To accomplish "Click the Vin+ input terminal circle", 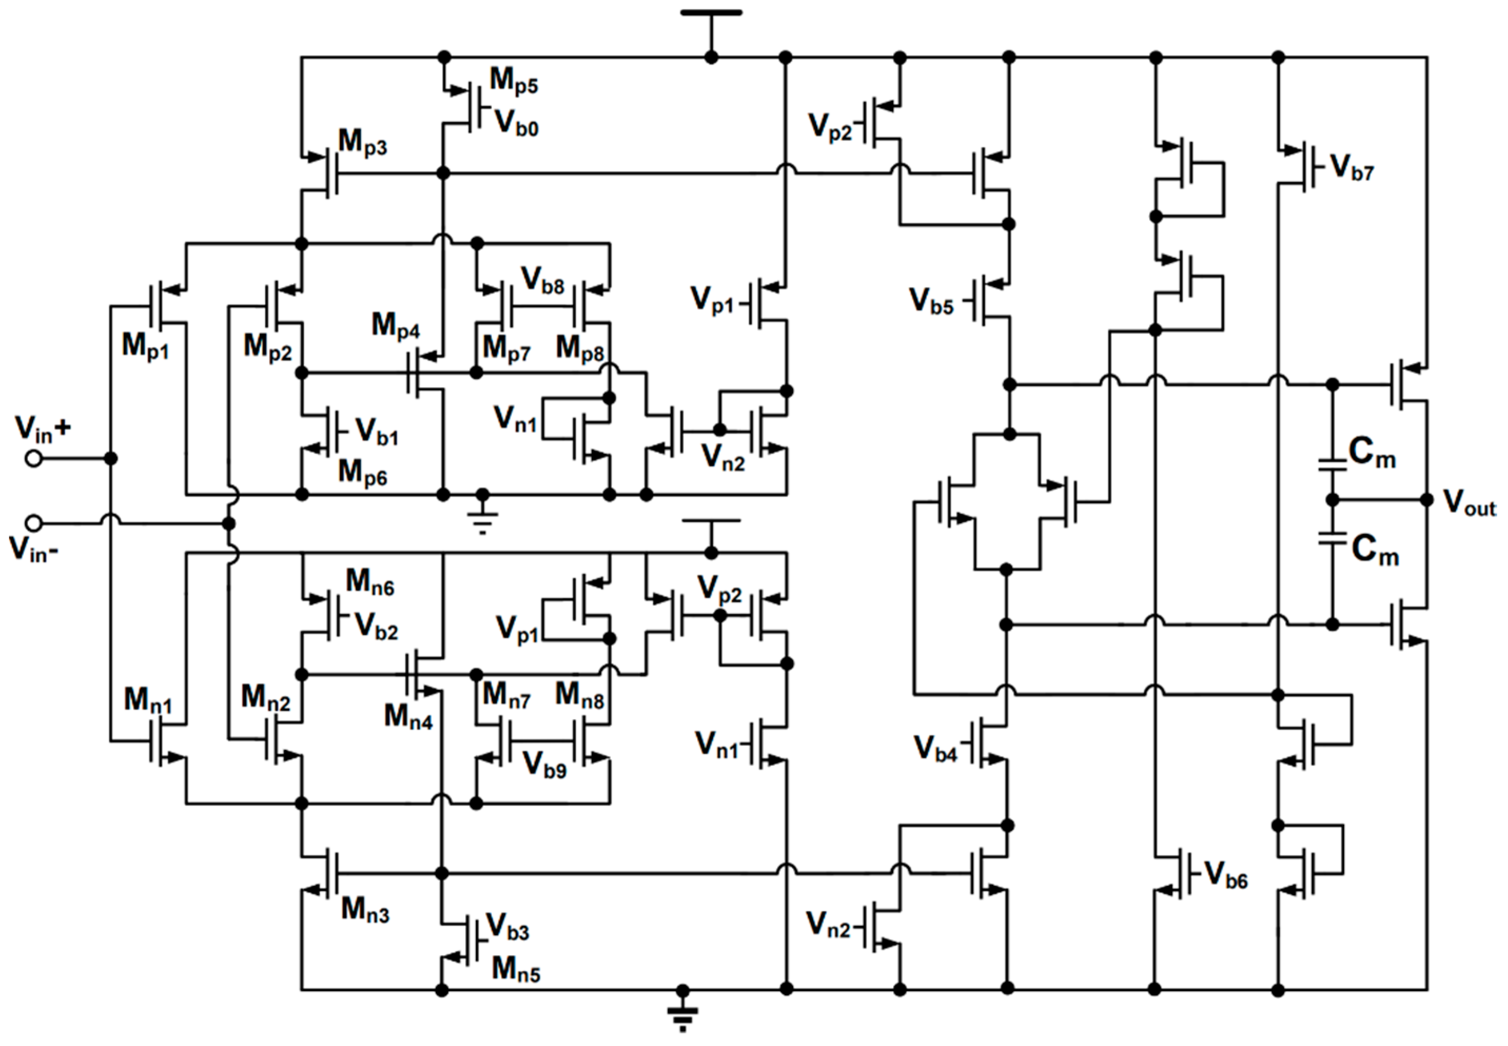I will coord(33,458).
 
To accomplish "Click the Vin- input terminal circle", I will coord(33,523).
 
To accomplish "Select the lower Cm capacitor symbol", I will coord(1331,539).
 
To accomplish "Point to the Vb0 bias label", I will coord(516,123).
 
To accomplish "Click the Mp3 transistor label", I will coord(362,142).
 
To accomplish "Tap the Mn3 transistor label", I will coord(365,910).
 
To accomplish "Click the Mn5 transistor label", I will coord(516,969).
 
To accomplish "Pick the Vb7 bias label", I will coord(1352,168).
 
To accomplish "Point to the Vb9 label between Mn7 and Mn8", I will coord(544,765).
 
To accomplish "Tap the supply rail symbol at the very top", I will coord(711,13).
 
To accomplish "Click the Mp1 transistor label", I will coord(145,346).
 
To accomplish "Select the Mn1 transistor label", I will coord(148,700).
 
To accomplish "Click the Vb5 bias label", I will coord(931,301).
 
